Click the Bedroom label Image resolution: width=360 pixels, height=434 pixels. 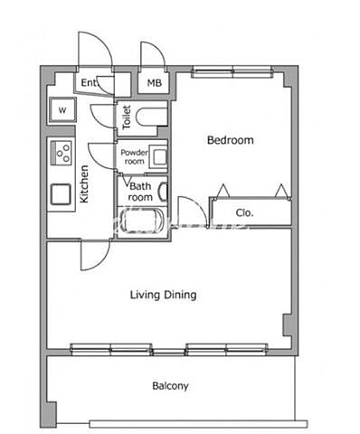tap(231, 140)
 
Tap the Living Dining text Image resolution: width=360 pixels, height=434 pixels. tap(163, 295)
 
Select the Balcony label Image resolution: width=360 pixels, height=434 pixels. tap(170, 386)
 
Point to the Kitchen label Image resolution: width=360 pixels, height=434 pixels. tap(84, 184)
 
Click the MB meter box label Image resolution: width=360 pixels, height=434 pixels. tap(154, 83)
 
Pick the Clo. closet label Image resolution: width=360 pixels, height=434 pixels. tap(244, 213)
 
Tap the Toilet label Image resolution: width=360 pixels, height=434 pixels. tap(127, 118)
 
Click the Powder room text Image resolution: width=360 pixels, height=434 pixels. tap(134, 156)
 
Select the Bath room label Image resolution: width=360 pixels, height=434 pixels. tap(140, 192)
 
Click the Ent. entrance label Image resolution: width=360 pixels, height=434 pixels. tap(90, 82)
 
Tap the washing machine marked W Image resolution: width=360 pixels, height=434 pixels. tap(62, 110)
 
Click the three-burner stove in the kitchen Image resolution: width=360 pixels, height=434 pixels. tap(62, 153)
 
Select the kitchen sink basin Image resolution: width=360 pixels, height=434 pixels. tap(61, 194)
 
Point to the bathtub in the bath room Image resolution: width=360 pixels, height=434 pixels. tap(142, 221)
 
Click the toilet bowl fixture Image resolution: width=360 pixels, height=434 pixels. tap(151, 118)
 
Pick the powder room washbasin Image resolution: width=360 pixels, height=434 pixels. tap(160, 157)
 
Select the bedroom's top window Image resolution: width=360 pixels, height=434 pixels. tap(232, 71)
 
